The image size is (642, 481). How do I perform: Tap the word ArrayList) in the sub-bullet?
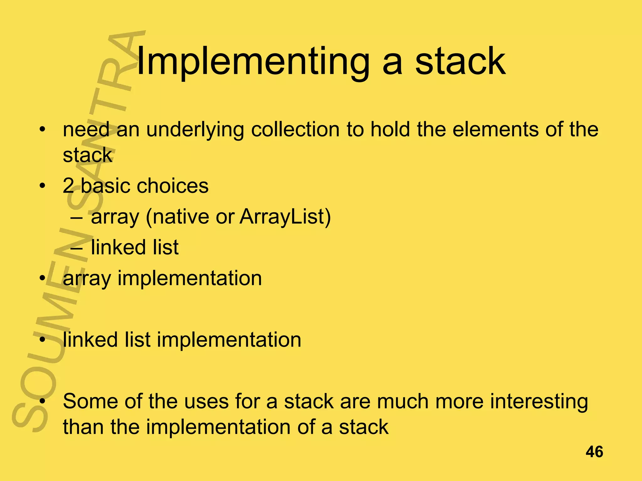(285, 217)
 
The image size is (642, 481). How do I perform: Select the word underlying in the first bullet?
(195, 130)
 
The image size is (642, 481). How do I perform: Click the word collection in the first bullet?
(295, 130)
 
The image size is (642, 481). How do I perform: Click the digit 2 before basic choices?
(68, 186)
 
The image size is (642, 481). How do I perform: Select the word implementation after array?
(189, 278)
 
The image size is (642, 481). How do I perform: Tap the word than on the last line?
(83, 427)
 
